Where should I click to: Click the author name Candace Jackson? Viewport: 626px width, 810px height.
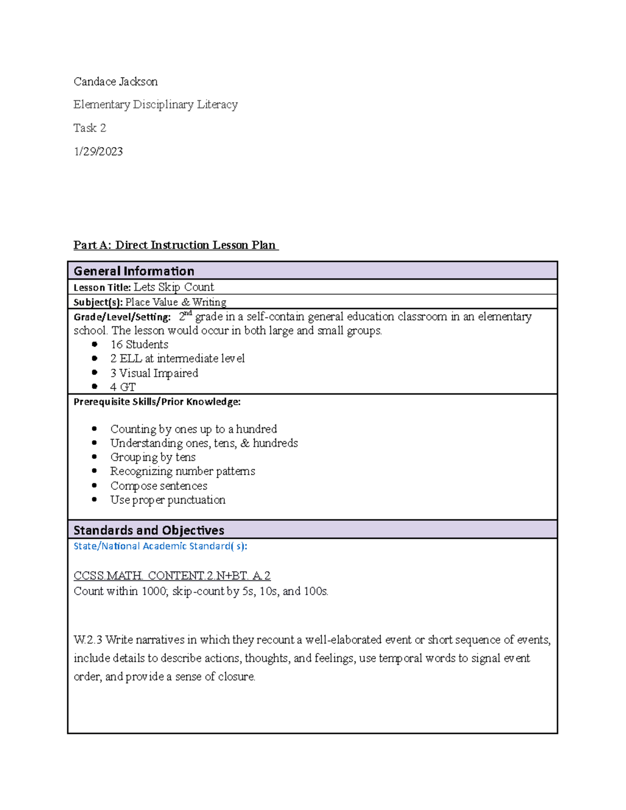tap(115, 81)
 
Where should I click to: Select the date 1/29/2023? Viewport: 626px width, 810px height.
tap(98, 151)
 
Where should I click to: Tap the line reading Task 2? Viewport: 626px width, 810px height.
tap(90, 128)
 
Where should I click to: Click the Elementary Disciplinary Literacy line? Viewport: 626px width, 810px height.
tap(155, 104)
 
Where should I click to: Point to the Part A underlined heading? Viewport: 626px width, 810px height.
tap(176, 245)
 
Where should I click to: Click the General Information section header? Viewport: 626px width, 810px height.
tap(134, 271)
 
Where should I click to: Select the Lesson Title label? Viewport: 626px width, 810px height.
tap(102, 287)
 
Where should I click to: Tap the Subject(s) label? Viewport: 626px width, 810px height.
tap(98, 302)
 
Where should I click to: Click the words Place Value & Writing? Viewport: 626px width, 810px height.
tap(176, 302)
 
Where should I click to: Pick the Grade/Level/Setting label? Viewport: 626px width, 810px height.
tap(122, 317)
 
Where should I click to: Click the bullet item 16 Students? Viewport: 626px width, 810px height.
tap(139, 344)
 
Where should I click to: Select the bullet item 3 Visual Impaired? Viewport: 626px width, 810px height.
tap(154, 373)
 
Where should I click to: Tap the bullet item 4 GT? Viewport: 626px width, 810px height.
tap(123, 387)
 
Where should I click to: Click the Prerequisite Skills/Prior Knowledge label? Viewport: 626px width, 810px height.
tap(157, 402)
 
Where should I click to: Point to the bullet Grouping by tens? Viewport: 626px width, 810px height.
tap(153, 457)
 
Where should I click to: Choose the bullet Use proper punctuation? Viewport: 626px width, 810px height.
tap(167, 500)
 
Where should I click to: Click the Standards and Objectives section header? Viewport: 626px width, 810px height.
tap(149, 530)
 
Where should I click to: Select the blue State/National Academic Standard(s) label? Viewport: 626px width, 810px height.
tap(160, 546)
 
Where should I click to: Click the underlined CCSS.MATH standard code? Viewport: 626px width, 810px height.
tap(172, 575)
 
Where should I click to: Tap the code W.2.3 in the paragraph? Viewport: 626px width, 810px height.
tap(88, 639)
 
